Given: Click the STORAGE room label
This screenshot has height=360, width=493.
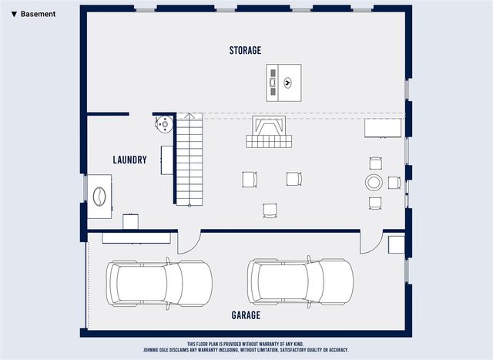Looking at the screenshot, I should point(245,51).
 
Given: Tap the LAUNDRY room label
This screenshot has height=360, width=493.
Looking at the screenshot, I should point(129,160).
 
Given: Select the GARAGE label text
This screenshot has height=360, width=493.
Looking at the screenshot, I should point(246,315).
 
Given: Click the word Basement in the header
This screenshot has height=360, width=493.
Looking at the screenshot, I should point(38,14).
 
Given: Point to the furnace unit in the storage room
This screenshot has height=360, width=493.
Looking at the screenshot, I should point(282,82).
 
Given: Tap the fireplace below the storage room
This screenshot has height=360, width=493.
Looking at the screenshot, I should point(268,133).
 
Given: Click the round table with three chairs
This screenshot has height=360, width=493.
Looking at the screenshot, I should point(374,183).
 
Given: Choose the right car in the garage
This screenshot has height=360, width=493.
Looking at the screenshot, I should point(300,281).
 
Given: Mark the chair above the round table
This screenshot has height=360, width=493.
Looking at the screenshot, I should point(375,163).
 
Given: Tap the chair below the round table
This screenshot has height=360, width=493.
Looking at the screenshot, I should point(375,203).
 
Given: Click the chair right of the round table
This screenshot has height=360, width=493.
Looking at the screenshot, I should point(394,183).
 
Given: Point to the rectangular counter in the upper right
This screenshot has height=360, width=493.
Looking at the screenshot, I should point(383,127).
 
